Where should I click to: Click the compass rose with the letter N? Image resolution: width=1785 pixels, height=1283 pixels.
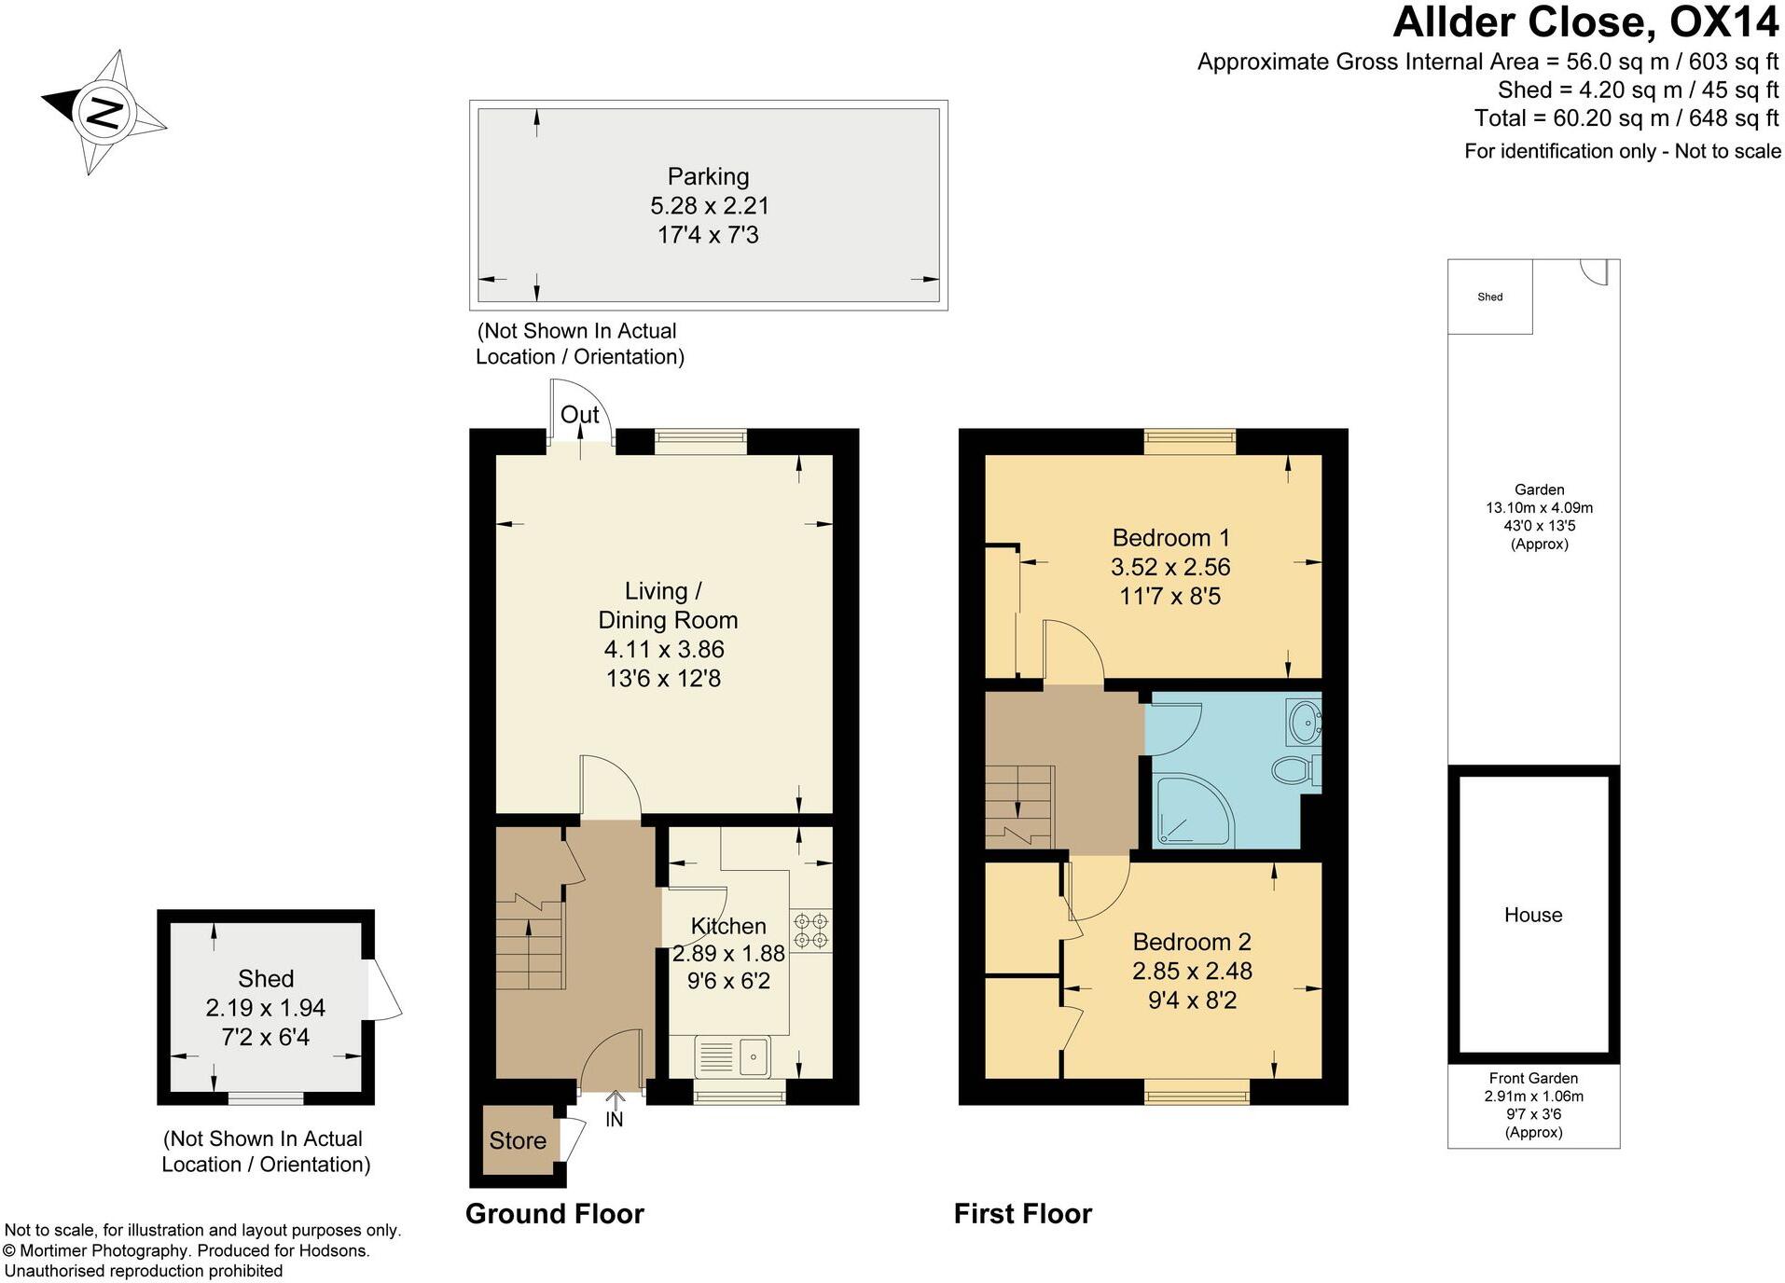(104, 112)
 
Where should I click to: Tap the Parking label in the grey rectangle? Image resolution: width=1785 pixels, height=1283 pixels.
(708, 176)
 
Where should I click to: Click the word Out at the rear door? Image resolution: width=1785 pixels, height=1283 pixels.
(579, 415)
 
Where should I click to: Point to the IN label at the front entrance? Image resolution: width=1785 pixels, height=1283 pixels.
(614, 1120)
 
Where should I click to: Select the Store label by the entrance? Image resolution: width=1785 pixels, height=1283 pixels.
(518, 1140)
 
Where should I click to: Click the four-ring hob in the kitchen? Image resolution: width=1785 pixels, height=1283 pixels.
(810, 931)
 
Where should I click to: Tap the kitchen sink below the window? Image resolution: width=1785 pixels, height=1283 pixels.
(732, 1056)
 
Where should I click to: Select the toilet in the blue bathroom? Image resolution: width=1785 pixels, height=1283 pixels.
(1293, 770)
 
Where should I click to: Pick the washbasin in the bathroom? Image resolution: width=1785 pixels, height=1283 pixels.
(1304, 721)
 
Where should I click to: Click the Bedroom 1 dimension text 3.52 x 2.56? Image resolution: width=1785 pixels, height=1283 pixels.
(1170, 567)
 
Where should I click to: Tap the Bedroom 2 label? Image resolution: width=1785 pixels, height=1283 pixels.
(1192, 942)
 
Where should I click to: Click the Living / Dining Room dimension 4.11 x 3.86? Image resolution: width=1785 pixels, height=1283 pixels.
(664, 649)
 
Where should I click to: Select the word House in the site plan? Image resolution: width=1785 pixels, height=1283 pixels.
(1532, 915)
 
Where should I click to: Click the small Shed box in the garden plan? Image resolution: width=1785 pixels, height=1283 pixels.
(1489, 297)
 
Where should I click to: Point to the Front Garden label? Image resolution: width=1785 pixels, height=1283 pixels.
(1533, 1078)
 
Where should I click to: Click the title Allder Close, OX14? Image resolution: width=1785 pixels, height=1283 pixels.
(1584, 22)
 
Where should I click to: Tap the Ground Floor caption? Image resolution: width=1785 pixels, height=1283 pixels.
(555, 1213)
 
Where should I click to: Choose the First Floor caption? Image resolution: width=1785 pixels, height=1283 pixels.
(1022, 1213)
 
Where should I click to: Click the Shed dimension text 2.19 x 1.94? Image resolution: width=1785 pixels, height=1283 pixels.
(266, 1008)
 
